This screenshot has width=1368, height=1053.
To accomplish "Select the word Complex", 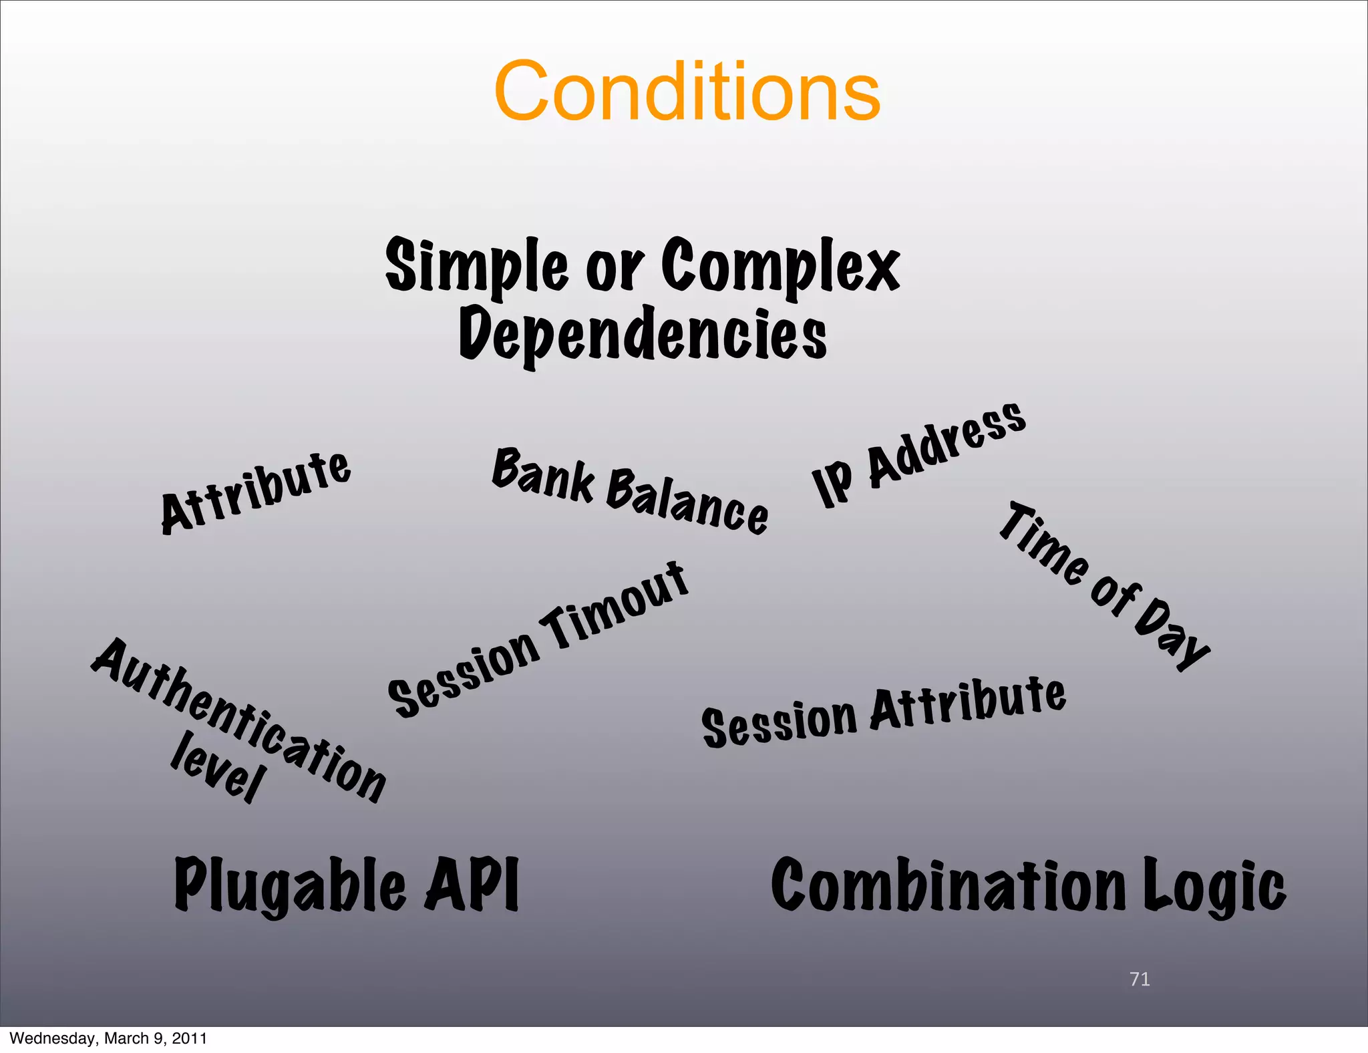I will (780, 266).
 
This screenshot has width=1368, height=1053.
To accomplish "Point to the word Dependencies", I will (643, 334).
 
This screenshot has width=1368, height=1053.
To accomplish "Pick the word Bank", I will (543, 475).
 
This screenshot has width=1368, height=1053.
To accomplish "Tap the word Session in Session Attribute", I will (779, 722).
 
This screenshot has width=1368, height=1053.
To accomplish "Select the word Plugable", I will (290, 885).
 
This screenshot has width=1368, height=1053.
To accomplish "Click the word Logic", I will (1213, 886).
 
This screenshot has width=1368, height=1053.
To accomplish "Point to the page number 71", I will (1140, 979).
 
